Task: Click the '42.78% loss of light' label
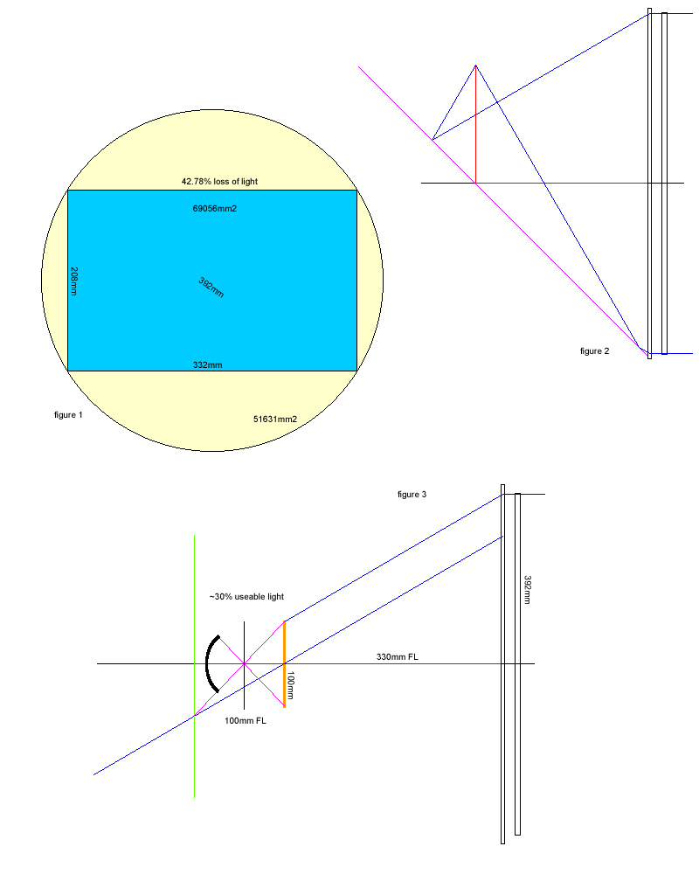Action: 219,181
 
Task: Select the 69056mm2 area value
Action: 215,209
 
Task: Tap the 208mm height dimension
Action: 73,281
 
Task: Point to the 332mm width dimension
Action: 207,365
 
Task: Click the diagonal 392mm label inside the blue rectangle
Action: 211,288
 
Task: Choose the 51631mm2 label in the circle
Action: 275,420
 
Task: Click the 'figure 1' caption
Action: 68,414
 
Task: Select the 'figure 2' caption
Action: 594,351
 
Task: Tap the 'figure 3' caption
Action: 412,495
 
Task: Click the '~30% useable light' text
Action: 246,597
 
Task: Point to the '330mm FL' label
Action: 397,656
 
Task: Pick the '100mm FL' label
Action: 246,721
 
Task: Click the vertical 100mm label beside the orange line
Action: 290,685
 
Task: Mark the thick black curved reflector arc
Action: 207,663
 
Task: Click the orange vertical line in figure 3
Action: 284,664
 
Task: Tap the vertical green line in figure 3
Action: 194,666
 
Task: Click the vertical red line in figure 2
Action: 475,124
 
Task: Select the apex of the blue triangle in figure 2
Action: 475,66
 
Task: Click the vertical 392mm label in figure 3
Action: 528,590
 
